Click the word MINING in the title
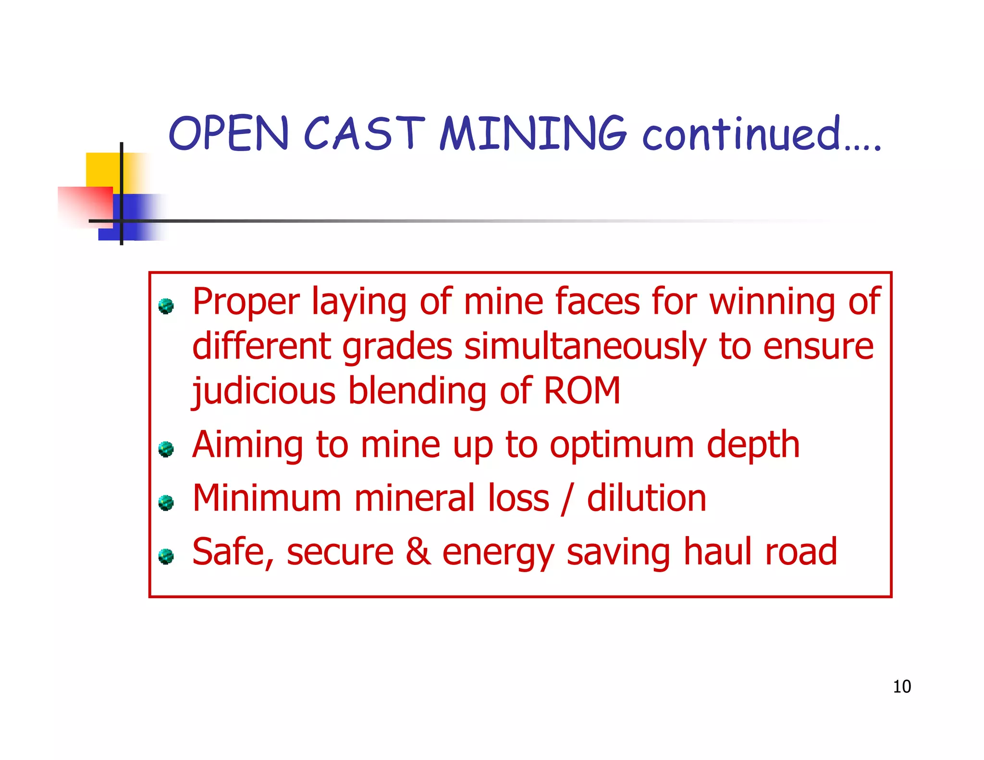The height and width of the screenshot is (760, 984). (x=533, y=133)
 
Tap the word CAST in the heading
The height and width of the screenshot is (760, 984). (x=364, y=133)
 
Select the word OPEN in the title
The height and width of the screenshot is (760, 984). (x=229, y=133)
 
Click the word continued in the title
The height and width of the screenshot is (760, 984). (x=742, y=133)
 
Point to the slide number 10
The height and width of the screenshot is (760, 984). (x=902, y=686)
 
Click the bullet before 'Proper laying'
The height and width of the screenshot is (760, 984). (x=166, y=306)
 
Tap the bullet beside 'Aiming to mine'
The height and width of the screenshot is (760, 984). (x=166, y=449)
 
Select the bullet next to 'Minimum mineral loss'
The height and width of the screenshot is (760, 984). (x=166, y=503)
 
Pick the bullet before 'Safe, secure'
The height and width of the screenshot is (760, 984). (x=166, y=556)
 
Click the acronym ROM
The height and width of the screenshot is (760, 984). (x=582, y=390)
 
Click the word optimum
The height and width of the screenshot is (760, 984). (x=622, y=445)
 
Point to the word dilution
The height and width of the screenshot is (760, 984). (x=647, y=498)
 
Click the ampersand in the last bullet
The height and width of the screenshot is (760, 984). (x=418, y=552)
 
